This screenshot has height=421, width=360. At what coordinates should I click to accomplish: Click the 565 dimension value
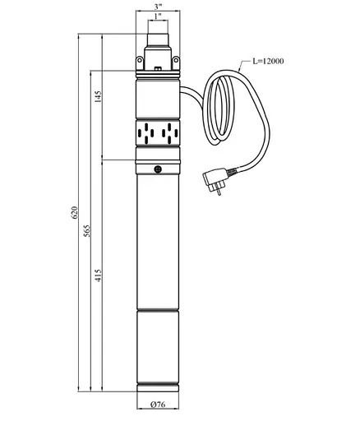(x=90, y=231)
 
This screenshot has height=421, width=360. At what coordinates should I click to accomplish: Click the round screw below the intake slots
(x=156, y=169)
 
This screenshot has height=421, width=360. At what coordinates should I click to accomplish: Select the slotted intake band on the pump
(x=156, y=132)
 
